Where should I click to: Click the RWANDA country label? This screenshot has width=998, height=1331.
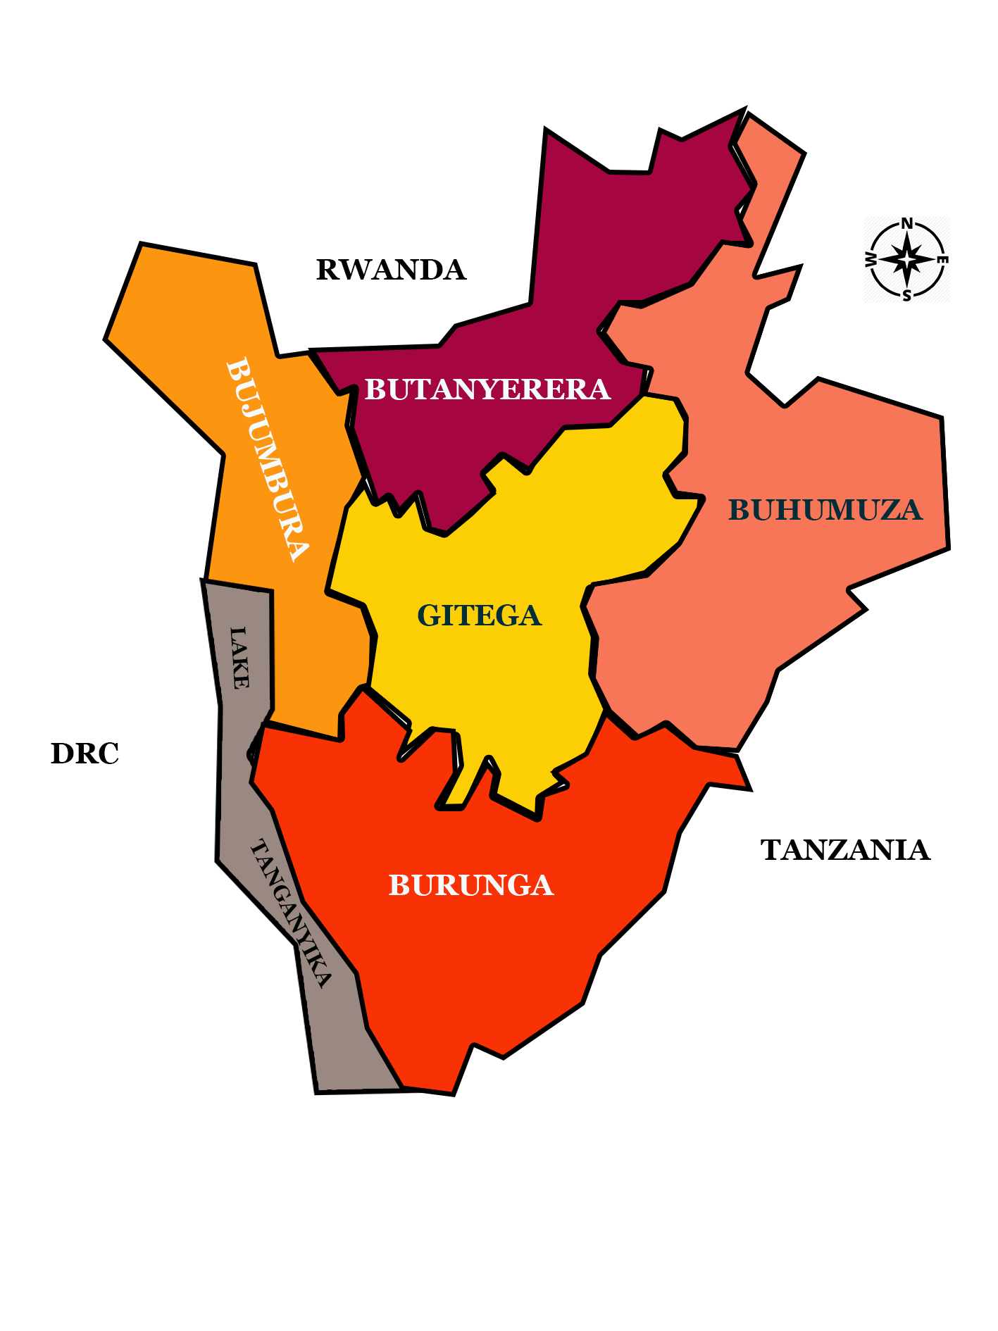tap(391, 270)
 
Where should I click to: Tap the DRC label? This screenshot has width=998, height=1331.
tap(85, 754)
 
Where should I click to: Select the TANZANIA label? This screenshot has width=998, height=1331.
tap(845, 850)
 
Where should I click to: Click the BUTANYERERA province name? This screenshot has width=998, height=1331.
tap(487, 389)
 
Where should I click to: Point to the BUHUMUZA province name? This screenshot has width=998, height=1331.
tap(825, 510)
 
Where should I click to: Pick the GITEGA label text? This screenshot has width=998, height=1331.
tap(480, 615)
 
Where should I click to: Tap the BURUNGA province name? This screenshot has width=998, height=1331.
tap(471, 885)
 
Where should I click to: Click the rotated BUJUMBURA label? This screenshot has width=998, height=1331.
tap(268, 459)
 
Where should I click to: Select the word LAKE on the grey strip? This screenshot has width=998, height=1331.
tap(239, 657)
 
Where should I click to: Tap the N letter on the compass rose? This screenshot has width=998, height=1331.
tap(907, 223)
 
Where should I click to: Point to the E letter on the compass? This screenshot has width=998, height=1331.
tap(944, 260)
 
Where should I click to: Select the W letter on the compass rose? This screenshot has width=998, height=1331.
tap(871, 260)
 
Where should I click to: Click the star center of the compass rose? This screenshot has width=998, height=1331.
tap(907, 260)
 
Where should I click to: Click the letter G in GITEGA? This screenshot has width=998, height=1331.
tap(428, 615)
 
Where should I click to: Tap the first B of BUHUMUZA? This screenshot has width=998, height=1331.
tap(738, 510)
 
